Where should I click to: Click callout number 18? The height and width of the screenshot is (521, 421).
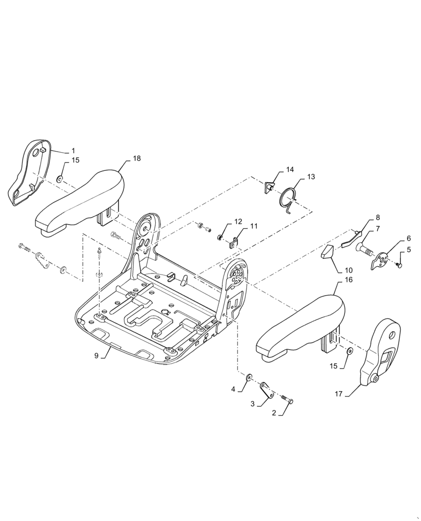(x=137, y=158)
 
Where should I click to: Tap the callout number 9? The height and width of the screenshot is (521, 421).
(x=96, y=356)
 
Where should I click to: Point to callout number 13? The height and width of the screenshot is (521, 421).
(x=311, y=177)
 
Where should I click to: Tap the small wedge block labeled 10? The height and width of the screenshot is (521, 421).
(x=327, y=252)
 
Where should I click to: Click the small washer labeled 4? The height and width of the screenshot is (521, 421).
(x=249, y=376)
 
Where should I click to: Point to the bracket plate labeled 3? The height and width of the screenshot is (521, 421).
(x=267, y=390)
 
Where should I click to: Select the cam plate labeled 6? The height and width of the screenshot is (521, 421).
(x=382, y=260)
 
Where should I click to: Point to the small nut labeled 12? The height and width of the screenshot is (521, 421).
(x=220, y=238)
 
